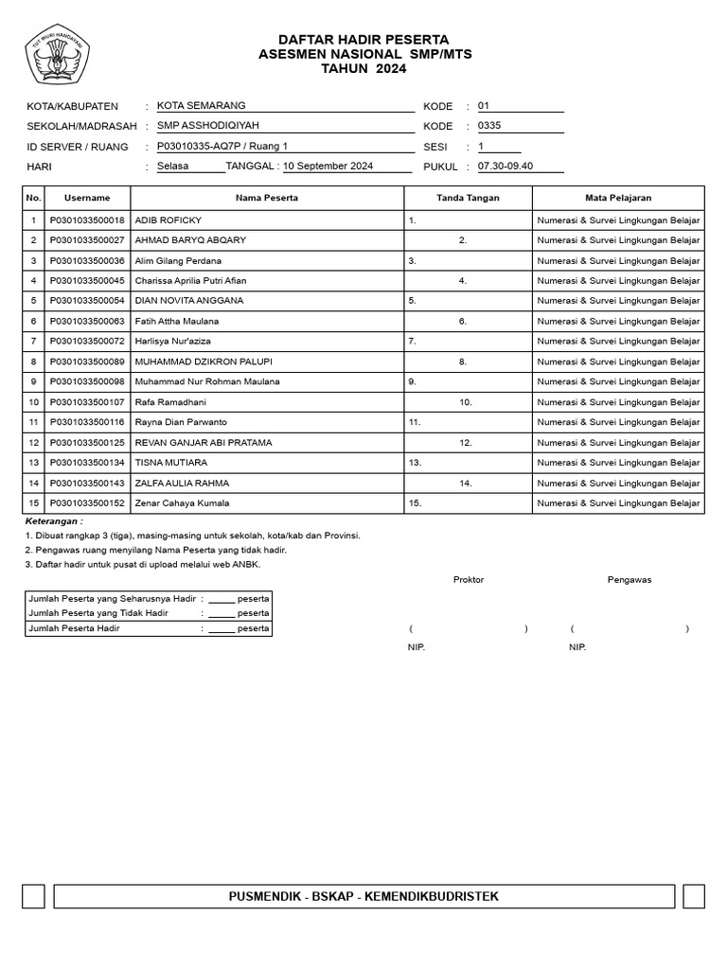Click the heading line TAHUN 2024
click(364, 69)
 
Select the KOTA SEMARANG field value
click(201, 106)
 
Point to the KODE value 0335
click(490, 126)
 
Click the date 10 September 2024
click(328, 167)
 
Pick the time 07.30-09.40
click(505, 167)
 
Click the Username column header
click(87, 198)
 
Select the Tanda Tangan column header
click(468, 198)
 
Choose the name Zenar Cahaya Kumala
click(182, 503)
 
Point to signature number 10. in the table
click(466, 402)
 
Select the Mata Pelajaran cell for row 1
click(618, 220)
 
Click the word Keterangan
click(53, 521)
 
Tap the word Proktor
click(469, 580)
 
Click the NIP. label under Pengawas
click(577, 647)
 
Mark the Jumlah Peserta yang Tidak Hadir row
click(149, 613)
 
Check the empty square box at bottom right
click(693, 896)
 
